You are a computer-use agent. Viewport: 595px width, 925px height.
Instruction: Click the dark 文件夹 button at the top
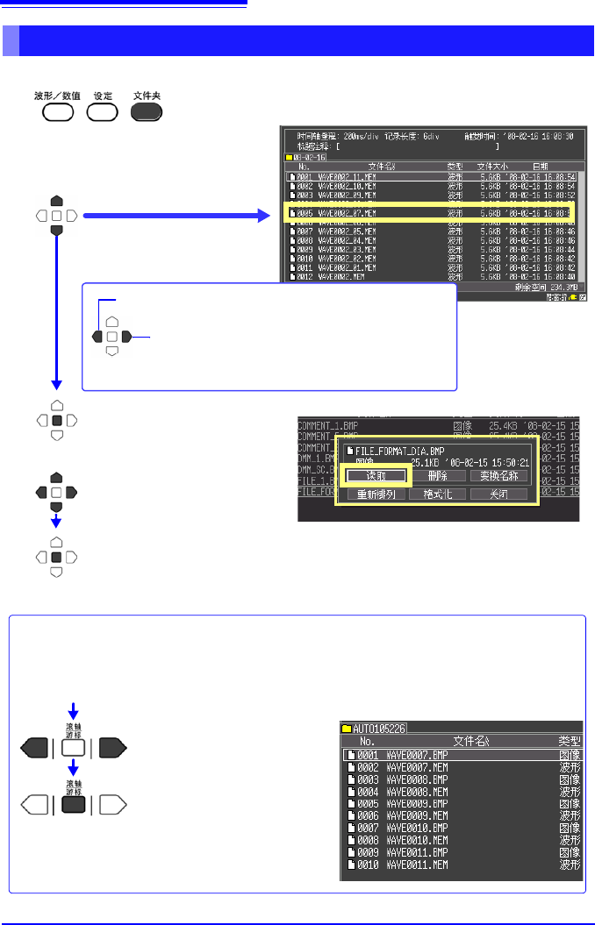(x=147, y=111)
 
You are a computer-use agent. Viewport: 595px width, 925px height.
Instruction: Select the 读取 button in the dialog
(x=376, y=475)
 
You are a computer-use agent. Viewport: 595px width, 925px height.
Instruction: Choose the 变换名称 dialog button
(x=498, y=475)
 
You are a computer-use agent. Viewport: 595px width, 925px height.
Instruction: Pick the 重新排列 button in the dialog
(x=376, y=495)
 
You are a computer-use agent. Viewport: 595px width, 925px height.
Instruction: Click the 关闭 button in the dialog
(x=498, y=495)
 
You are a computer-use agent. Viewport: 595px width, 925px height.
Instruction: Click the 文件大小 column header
(x=493, y=166)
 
